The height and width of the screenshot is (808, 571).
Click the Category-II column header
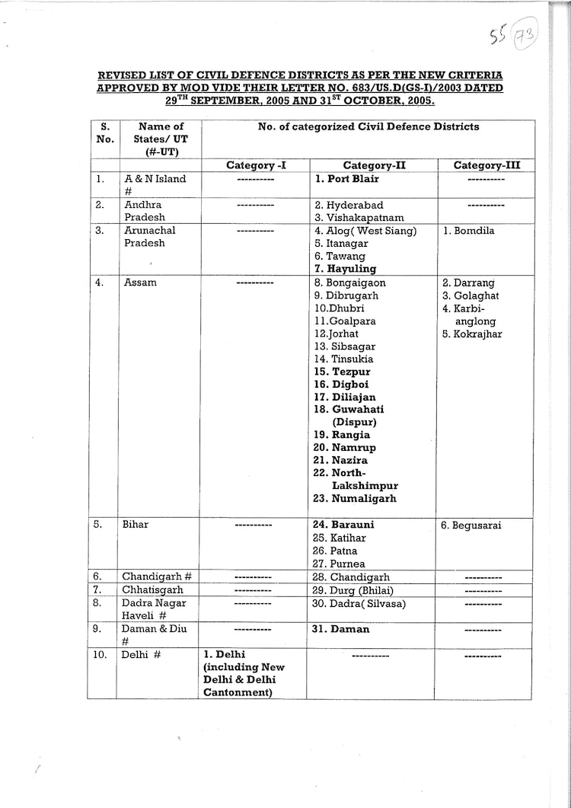click(372, 165)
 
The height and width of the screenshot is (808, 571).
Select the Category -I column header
click(256, 165)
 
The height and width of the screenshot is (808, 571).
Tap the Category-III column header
click(486, 165)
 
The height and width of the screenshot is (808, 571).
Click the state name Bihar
click(136, 525)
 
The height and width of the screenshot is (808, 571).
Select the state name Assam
click(140, 283)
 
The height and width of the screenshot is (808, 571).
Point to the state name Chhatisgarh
click(152, 590)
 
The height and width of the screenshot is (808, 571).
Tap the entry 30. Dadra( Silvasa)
click(359, 604)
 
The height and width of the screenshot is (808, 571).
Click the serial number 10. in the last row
click(100, 654)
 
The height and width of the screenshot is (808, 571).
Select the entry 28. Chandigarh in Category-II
click(352, 577)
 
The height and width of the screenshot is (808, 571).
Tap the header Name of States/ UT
click(161, 139)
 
